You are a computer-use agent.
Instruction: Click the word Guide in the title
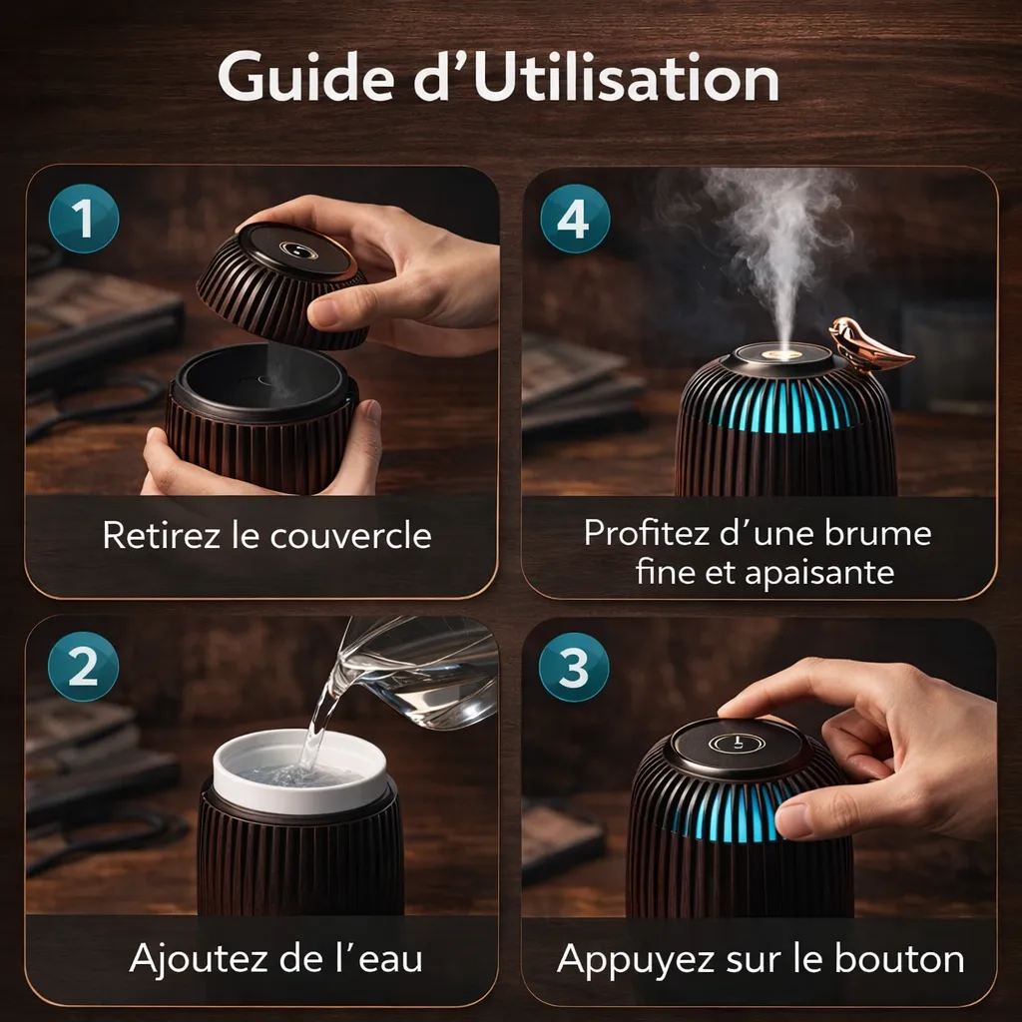pyautogui.click(x=305, y=79)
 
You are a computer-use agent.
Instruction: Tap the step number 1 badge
pyautogui.click(x=84, y=219)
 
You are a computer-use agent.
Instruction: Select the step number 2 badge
pyautogui.click(x=84, y=666)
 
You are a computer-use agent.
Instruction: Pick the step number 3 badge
pyautogui.click(x=574, y=667)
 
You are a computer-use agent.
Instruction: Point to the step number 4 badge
pyautogui.click(x=575, y=219)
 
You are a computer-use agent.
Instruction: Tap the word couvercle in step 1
pyautogui.click(x=350, y=536)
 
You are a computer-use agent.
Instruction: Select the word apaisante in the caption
pyautogui.click(x=819, y=574)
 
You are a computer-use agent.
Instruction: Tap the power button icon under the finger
pyautogui.click(x=735, y=744)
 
